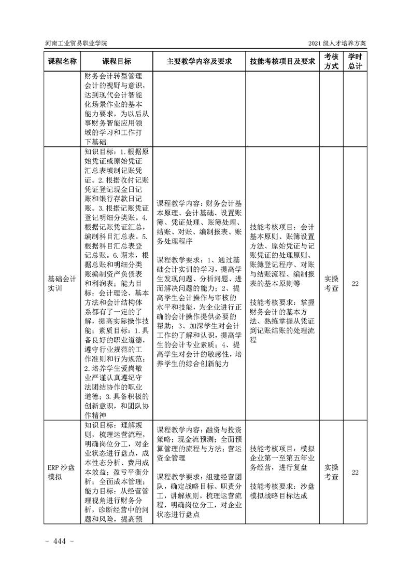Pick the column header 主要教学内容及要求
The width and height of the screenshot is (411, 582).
pos(199,61)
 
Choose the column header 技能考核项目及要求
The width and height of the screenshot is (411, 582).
pos(282,61)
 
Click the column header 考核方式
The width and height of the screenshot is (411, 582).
pos(332,61)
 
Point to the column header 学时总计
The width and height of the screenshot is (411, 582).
pos(355,61)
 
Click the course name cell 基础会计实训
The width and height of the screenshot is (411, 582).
pos(62,284)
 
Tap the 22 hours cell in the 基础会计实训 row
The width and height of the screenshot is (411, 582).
pos(355,284)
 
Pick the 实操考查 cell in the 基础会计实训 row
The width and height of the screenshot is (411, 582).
pos(332,284)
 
